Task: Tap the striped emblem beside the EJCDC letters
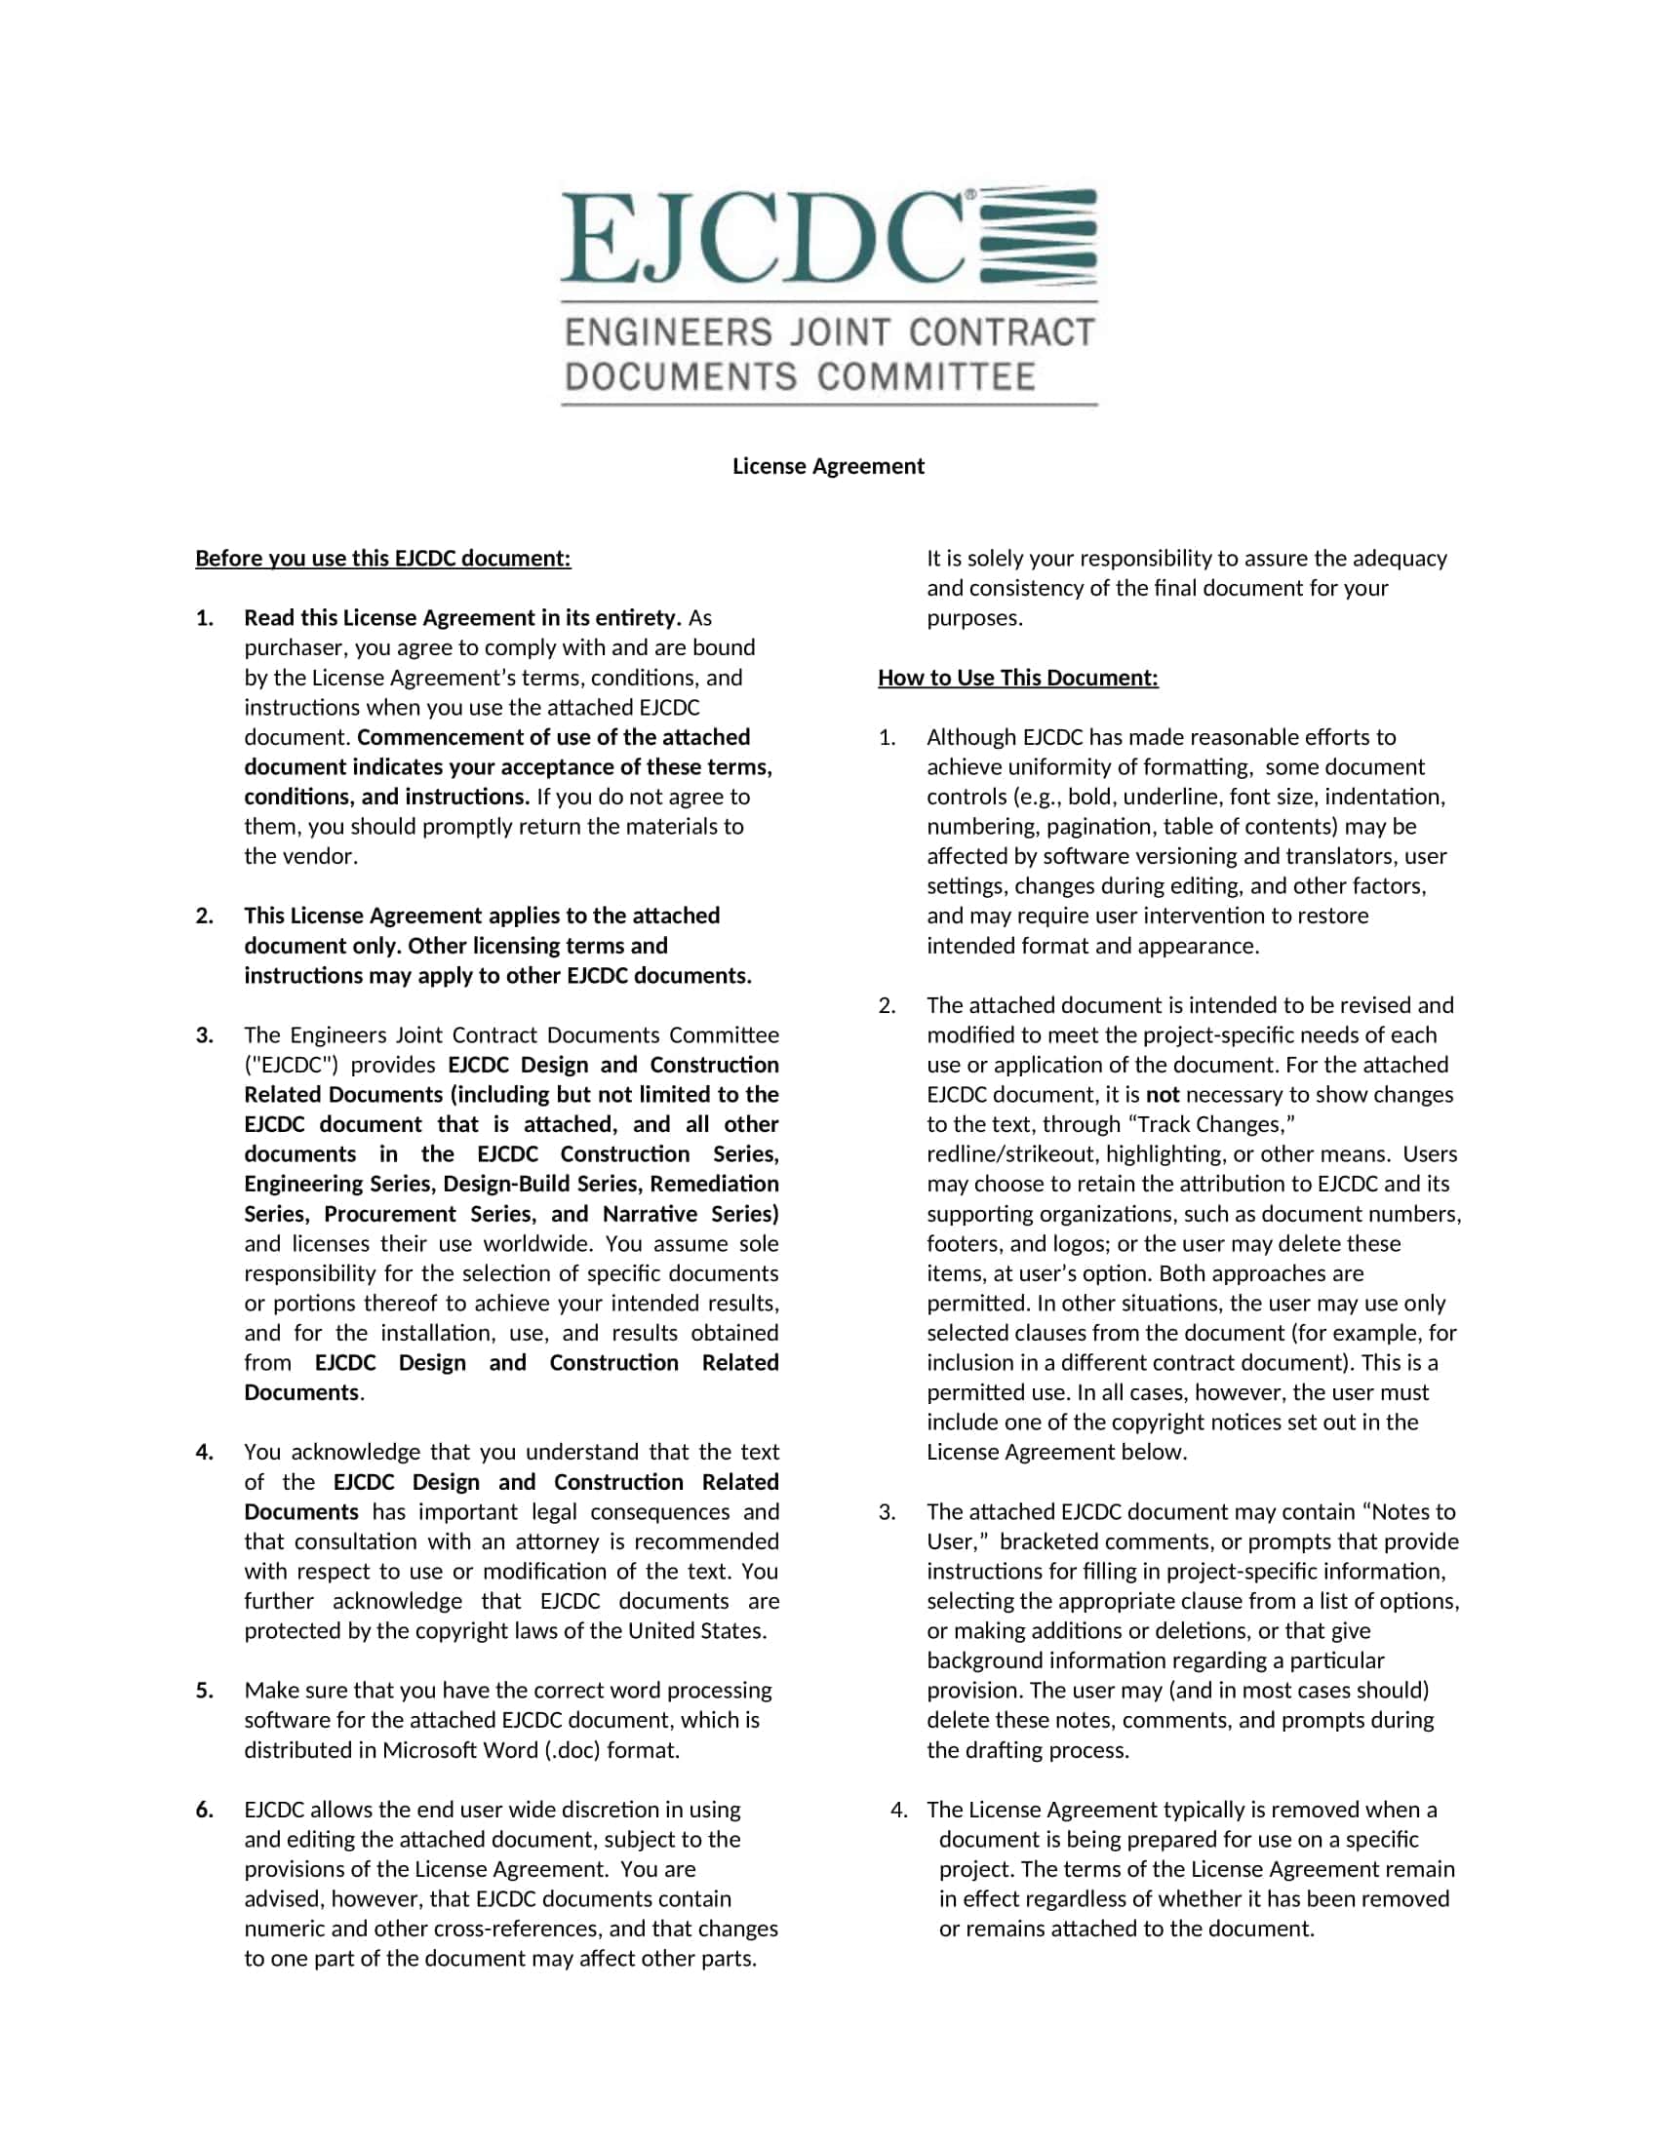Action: click(1039, 236)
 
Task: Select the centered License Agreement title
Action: click(828, 466)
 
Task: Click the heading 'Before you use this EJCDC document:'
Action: click(383, 559)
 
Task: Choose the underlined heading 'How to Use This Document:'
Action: click(1017, 678)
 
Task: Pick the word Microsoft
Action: click(441, 1750)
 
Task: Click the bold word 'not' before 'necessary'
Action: click(1163, 1094)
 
